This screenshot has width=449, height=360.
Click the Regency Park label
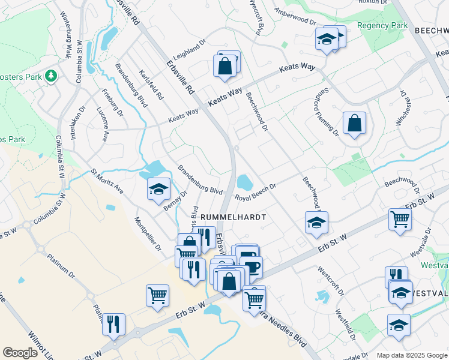tap(382, 25)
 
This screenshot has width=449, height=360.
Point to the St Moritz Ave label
tap(107, 181)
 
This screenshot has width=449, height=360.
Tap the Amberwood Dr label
tap(295, 16)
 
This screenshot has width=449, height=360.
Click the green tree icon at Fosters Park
tap(52, 76)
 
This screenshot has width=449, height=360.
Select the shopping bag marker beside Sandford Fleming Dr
tap(354, 124)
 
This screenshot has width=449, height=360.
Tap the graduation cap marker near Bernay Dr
tap(157, 190)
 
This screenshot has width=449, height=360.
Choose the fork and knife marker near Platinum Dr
tap(113, 324)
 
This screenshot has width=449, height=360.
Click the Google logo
tap(20, 353)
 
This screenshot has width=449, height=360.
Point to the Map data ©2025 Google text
tap(412, 355)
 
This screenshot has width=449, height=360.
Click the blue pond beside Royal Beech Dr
tap(244, 181)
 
